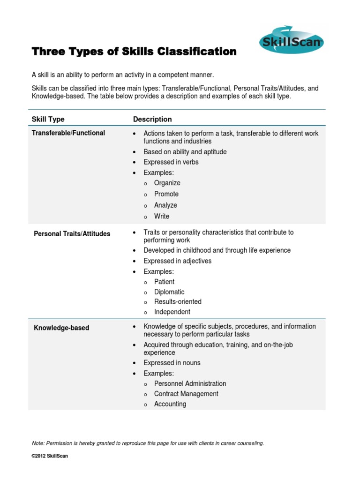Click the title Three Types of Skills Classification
(134, 52)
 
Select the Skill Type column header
(48, 119)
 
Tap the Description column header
(152, 119)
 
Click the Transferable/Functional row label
(68, 133)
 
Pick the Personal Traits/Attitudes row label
(72, 233)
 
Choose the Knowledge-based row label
(61, 328)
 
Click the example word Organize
(167, 183)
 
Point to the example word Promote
(166, 194)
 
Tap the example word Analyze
(165, 205)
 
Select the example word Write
(162, 217)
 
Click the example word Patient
(164, 282)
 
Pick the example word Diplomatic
(169, 292)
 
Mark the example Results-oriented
(178, 301)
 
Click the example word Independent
(172, 312)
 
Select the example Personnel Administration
(190, 383)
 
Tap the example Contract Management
(186, 394)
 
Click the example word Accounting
(170, 404)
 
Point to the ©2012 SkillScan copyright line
(50, 456)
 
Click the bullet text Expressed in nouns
(172, 363)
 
